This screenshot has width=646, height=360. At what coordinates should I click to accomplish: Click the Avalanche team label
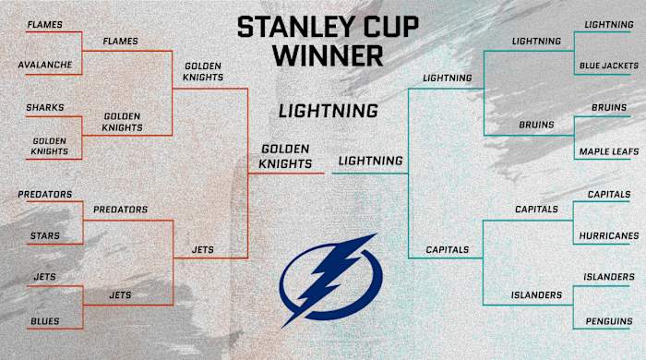[x=44, y=66]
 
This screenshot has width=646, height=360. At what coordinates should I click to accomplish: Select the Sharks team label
[x=45, y=108]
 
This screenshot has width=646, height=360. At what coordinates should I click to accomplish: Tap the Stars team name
[x=44, y=236]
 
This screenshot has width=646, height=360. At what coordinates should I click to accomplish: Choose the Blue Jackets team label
[x=605, y=66]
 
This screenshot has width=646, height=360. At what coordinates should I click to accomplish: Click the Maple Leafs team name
[x=605, y=150]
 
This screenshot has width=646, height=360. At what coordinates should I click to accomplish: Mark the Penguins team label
[x=608, y=321]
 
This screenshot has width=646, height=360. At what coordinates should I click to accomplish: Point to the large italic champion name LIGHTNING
[x=329, y=112]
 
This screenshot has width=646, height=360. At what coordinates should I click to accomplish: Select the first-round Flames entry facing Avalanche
[x=44, y=23]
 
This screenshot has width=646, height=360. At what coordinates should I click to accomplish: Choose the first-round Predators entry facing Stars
[x=45, y=194]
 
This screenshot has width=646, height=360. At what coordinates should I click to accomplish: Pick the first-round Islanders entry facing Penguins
[x=608, y=277]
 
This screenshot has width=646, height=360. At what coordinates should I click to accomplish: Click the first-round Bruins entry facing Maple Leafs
[x=608, y=108]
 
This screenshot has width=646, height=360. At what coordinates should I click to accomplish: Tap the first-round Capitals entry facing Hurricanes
[x=608, y=194]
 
